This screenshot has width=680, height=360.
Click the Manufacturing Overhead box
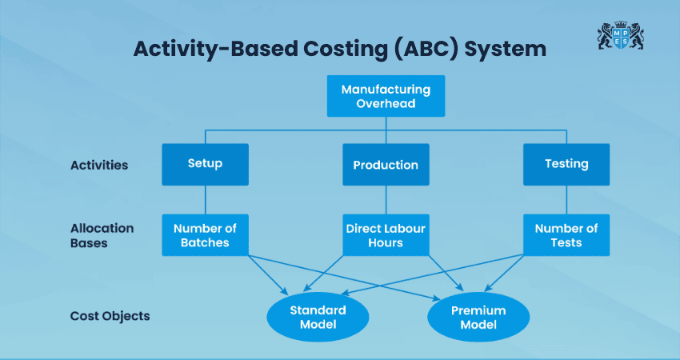386,97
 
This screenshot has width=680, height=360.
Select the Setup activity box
205,164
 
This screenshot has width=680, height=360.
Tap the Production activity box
386,165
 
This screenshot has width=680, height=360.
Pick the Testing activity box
566,164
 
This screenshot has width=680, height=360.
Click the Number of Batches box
205,235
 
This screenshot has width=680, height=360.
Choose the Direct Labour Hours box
386,235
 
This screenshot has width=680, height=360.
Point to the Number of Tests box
566,235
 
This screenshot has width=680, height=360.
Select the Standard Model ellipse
318,318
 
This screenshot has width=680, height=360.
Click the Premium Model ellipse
478,318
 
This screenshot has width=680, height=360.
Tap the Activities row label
99,165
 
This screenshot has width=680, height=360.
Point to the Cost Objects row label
110,316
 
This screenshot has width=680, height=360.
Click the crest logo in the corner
621,37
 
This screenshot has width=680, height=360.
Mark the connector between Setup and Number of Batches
205,199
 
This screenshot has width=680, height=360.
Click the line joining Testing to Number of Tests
566,199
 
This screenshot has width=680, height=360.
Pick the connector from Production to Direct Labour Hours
386,199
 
